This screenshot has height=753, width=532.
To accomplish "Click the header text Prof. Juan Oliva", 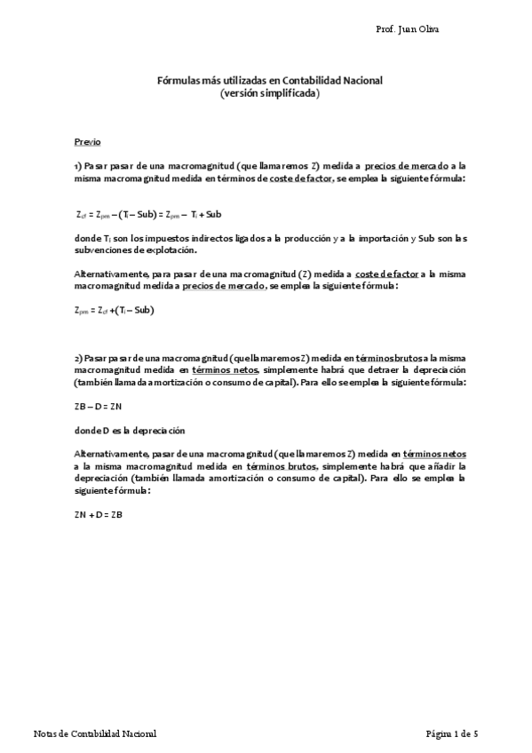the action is point(408,29).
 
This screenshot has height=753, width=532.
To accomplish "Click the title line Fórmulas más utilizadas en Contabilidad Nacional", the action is point(269,80).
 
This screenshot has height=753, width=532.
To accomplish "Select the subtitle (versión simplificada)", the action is point(269,92).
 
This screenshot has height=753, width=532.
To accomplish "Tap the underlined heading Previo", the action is point(87,141).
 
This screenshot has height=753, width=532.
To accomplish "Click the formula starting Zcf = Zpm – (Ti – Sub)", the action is point(148,213).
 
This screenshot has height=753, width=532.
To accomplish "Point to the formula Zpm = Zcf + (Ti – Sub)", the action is point(115,310).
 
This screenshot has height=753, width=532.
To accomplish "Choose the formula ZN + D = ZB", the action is point(98,514).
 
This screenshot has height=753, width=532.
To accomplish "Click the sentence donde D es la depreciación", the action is point(129,431).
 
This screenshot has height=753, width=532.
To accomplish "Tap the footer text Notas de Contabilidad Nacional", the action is point(94,733).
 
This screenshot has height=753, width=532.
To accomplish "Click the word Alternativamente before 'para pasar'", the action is point(110,273).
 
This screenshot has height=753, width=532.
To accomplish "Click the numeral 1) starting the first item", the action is point(78,165).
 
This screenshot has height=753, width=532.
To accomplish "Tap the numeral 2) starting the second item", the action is point(78,356).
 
